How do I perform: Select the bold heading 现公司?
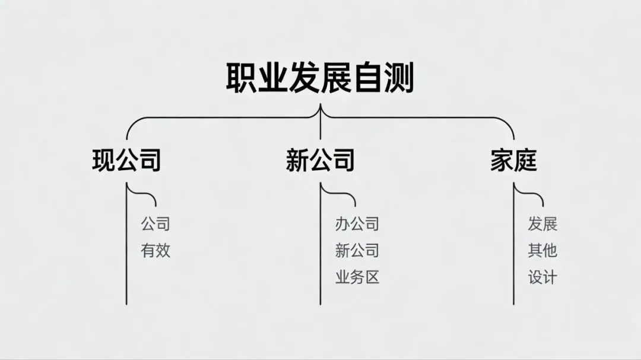pos(126,160)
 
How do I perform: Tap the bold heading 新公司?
pos(320,160)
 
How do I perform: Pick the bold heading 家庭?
pos(513,160)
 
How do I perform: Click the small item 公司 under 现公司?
pos(156,224)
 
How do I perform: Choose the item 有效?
pos(156,250)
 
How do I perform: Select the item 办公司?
pos(357,224)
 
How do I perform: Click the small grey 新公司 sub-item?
pos(357,250)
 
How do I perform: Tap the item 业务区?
pos(357,277)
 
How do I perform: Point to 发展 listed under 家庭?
pos(542,224)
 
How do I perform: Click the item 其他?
pos(542,250)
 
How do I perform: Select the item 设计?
pos(542,277)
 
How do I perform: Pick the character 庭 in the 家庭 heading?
pos(525,160)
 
